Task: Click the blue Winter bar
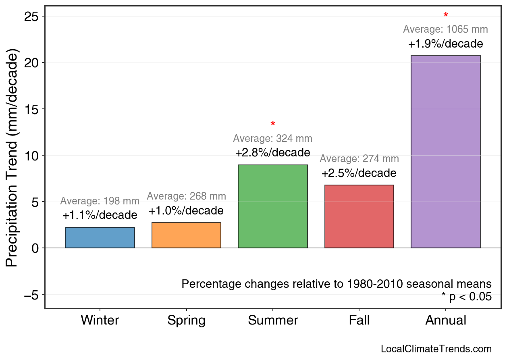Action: point(100,237)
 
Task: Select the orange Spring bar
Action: point(186,235)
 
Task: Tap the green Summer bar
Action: point(273,206)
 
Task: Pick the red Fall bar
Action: point(359,216)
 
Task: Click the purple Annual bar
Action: point(445,152)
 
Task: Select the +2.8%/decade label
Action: point(273,153)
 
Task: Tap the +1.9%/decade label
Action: point(445,44)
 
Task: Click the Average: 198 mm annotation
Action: point(100,201)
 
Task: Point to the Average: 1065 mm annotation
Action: point(445,29)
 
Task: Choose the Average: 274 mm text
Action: point(359,159)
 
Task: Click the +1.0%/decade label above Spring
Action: point(186,211)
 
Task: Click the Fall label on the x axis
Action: point(359,320)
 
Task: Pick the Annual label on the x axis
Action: point(445,320)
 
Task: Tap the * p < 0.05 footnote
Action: point(466,297)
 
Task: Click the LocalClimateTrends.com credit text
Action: point(436,349)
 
